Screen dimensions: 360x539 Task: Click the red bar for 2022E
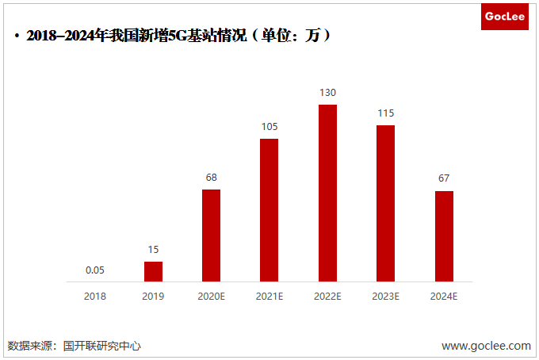[x=327, y=193]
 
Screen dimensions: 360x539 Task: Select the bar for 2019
[x=153, y=271]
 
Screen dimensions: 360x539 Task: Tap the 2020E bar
[x=211, y=235]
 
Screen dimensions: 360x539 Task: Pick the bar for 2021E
[x=269, y=209]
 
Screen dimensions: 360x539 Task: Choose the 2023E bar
[x=385, y=203]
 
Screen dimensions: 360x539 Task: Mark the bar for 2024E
[x=444, y=236]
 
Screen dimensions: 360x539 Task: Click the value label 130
[x=327, y=93]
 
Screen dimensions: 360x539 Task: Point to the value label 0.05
[x=95, y=270]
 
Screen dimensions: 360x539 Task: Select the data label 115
[x=385, y=113]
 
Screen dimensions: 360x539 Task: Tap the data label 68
[x=211, y=178]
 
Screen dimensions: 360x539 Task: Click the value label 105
[x=269, y=127]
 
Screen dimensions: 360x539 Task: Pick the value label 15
[x=153, y=250]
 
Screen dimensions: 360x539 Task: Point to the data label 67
[x=444, y=178]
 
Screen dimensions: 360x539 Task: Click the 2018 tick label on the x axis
[x=95, y=296]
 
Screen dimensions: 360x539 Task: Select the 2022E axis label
[x=327, y=296]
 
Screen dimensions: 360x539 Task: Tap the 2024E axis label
[x=444, y=296]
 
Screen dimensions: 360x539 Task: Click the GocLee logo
[x=505, y=15]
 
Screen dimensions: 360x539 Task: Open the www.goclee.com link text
[x=486, y=346]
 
